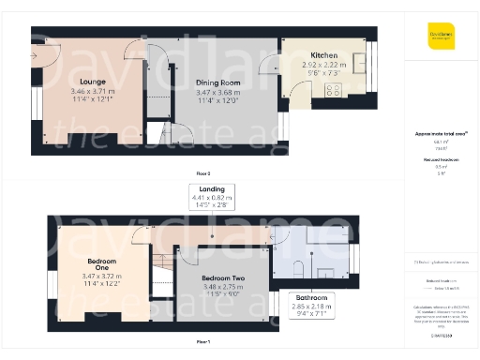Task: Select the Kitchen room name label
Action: tap(324, 56)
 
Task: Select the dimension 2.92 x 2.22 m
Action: tap(324, 66)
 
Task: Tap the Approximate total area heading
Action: tap(440, 134)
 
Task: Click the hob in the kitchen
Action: tap(332, 91)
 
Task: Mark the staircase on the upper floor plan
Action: tap(161, 268)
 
